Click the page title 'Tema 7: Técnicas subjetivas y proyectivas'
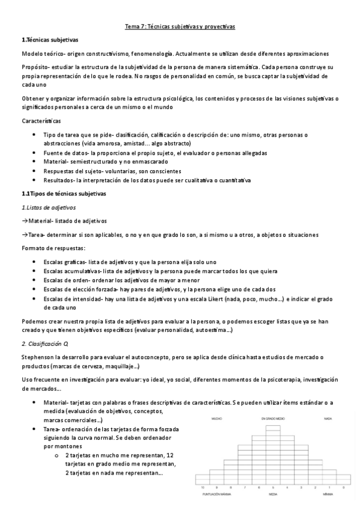point(180,26)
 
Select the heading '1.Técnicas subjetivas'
point(49,40)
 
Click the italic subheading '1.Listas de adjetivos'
point(49,207)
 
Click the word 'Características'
point(44,121)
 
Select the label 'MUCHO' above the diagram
point(217,418)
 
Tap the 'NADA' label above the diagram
point(328,418)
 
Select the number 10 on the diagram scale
point(203,488)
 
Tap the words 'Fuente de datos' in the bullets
point(66,153)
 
